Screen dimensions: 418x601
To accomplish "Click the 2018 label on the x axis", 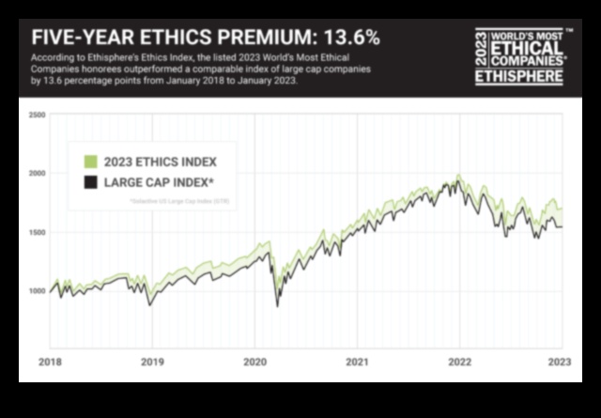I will click(50, 360).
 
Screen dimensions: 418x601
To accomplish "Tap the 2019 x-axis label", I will click(152, 360).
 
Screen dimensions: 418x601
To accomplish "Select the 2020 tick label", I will click(254, 360).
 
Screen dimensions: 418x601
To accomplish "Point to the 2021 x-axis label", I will click(357, 360).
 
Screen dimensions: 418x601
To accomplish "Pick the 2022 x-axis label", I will click(459, 360).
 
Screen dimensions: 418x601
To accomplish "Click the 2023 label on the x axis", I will click(562, 360).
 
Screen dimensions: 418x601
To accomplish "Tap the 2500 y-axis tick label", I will click(38, 115).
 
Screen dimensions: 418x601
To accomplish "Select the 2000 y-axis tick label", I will click(38, 174).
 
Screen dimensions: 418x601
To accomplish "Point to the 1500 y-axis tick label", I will click(38, 232).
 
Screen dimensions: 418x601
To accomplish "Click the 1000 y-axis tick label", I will click(38, 291).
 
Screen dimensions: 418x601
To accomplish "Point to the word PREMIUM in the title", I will click(261, 39).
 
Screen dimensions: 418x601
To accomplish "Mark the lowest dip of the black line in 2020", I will click(276, 306).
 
